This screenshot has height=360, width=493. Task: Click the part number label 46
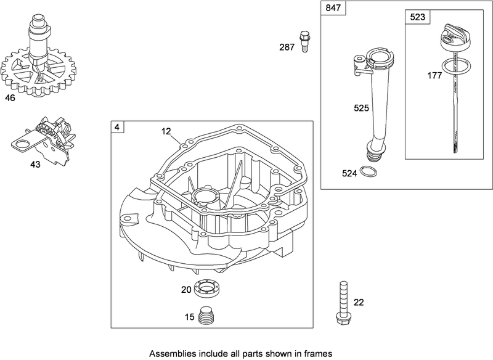[x=10, y=97]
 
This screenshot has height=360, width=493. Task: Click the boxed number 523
[x=417, y=17]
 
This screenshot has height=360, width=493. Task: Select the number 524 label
[x=349, y=173]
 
